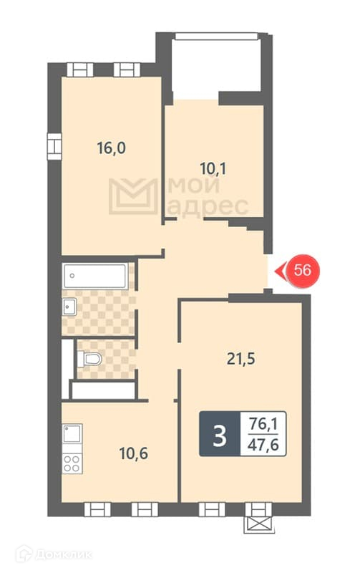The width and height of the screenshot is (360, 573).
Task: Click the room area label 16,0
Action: point(112,148)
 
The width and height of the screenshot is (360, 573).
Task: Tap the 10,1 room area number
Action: point(213,169)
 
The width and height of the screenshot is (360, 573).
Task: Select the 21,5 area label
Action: point(241,359)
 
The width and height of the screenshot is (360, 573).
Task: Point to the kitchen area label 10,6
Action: point(134,453)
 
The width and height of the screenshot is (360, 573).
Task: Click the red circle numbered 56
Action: point(303,271)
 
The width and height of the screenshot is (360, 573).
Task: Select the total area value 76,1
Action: point(263,425)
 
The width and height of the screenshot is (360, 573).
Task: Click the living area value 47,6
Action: point(263,445)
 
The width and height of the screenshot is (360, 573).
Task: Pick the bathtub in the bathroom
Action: point(96,276)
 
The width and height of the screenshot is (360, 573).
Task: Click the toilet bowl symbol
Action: point(89,359)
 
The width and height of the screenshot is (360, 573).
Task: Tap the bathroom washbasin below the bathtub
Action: point(69,307)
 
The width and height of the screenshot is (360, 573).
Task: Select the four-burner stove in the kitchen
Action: point(72,463)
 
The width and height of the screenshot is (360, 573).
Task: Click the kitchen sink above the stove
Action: point(72,434)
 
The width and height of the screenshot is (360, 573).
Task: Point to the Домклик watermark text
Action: point(63,554)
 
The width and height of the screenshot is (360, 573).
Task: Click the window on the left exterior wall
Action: point(54,147)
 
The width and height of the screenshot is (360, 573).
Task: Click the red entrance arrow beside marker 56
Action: point(280,271)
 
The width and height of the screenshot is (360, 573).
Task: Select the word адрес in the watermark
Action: point(208,207)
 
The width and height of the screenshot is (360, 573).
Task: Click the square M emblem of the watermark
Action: point(133,196)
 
